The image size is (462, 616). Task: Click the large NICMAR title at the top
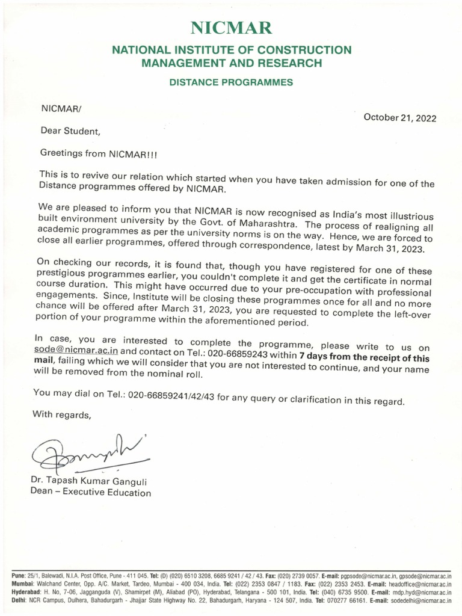[x=231, y=28]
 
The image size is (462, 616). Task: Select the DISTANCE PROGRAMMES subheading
[x=231, y=82]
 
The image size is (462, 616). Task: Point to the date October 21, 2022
[x=400, y=118]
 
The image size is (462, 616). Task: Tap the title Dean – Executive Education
[x=91, y=493]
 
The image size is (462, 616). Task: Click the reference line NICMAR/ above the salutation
[x=60, y=108]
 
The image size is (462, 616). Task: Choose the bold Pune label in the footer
[x=19, y=576]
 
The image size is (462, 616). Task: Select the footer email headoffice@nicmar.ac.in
[x=420, y=584]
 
